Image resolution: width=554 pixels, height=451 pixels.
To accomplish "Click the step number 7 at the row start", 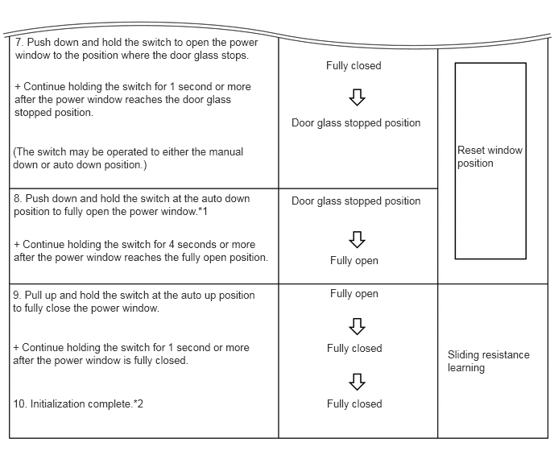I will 18,41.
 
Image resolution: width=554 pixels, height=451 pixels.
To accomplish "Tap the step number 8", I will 17,198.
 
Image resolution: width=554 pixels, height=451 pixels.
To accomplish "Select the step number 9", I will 17,296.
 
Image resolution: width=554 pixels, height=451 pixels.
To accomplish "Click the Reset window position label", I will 490,156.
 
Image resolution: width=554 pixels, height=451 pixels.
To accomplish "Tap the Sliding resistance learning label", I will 488,361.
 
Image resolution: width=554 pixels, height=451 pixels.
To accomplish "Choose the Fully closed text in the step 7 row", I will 353,66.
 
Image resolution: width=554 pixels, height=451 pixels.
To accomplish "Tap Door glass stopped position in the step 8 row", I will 356,201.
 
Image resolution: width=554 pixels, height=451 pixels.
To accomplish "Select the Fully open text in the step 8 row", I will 353,260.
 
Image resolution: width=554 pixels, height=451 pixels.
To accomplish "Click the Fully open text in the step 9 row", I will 353,294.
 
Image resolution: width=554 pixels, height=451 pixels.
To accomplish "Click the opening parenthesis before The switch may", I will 15,151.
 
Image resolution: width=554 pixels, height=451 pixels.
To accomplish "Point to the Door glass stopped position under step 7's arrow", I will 356,123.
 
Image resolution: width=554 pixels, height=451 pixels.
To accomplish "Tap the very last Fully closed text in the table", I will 353,403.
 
